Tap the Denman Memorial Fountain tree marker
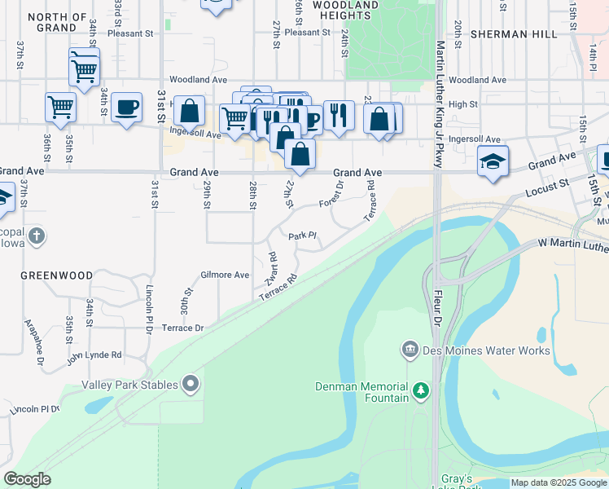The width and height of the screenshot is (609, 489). (421, 391)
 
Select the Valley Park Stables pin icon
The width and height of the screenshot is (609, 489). (191, 383)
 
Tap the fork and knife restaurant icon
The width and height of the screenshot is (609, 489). (338, 115)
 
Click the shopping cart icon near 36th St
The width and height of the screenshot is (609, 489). (60, 106)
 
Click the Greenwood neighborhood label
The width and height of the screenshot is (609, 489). (57, 275)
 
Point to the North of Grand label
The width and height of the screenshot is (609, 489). (57, 22)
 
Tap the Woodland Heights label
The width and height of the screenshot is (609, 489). (345, 10)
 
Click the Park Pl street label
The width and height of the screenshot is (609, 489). (301, 236)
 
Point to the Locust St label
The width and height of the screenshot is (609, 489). (548, 187)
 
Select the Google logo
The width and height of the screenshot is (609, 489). (27, 479)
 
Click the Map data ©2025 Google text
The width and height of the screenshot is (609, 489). (558, 482)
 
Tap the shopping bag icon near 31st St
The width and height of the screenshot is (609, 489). (189, 111)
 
